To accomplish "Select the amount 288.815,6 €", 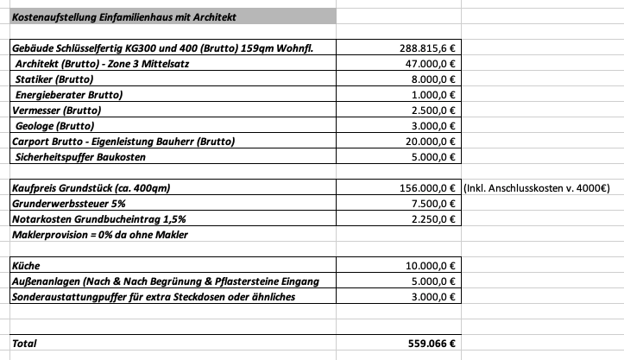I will pyautogui.click(x=428, y=47).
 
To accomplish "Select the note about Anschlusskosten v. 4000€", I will pyautogui.click(x=537, y=188).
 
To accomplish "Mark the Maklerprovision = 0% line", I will pyautogui.click(x=99, y=235).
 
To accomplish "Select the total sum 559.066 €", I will pyautogui.click(x=432, y=343).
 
